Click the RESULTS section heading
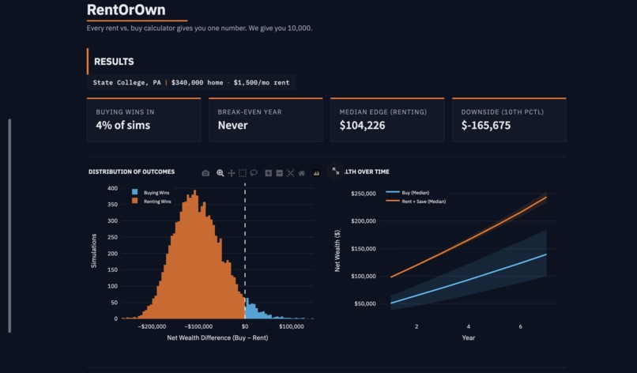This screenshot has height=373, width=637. [114, 62]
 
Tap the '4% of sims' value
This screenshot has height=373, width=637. [122, 126]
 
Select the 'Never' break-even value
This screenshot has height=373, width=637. [232, 126]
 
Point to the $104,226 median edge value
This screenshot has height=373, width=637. [362, 126]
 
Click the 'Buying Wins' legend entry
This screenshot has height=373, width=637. [156, 193]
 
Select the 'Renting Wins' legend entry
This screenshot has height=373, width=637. [157, 202]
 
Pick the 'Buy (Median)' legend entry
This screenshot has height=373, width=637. [415, 193]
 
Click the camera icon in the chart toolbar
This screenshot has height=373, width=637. [205, 173]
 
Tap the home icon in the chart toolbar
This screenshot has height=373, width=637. [301, 173]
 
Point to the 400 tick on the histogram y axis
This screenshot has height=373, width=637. [112, 189]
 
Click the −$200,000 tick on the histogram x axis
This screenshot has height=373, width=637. [152, 326]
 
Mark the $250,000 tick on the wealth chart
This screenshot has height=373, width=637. [363, 194]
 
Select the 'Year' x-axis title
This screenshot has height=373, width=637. [469, 337]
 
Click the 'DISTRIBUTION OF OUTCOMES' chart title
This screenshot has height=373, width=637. [131, 171]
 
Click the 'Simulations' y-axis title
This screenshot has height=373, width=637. [94, 250]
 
